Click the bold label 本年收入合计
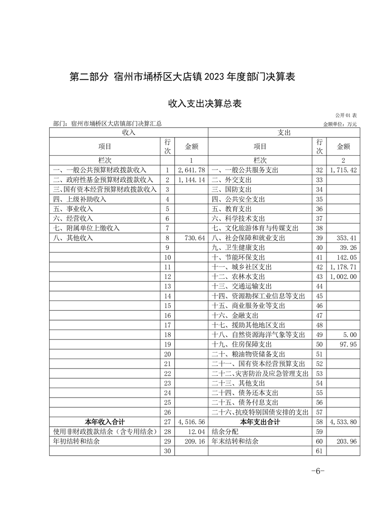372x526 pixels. pos(105,422)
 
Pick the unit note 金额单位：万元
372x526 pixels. pos(340,124)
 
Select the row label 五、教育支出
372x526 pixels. pos(232,209)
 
